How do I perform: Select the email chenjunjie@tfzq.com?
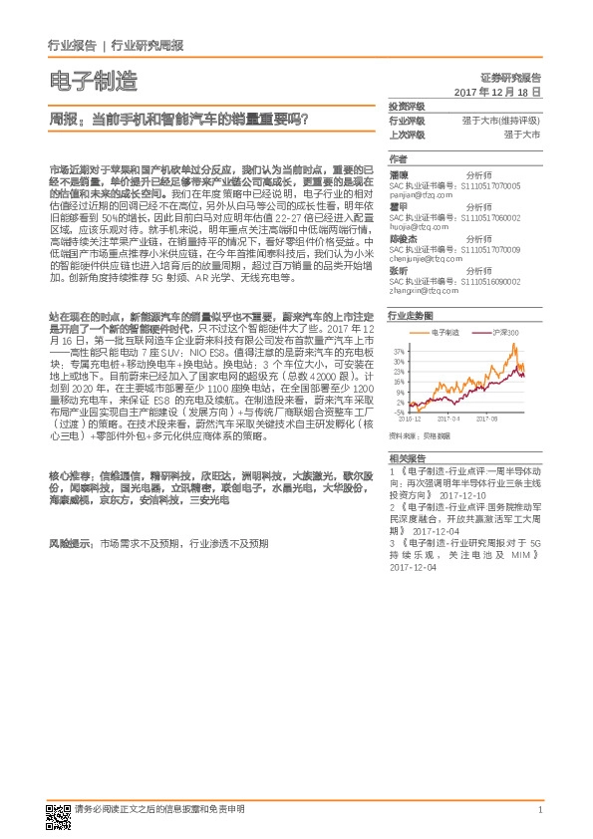coord(425,259)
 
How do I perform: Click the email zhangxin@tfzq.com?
coord(422,291)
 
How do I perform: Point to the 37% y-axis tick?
coord(400,351)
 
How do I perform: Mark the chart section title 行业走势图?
coord(410,314)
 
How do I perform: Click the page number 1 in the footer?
coord(539,810)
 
